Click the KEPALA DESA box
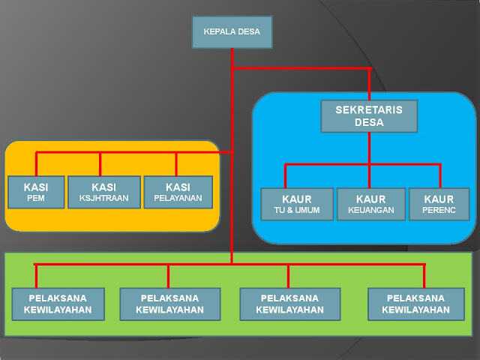coord(232,32)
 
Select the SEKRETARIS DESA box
coord(368,116)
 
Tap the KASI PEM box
coord(36,193)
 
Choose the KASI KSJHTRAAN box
coord(103,193)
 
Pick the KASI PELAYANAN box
coord(177,193)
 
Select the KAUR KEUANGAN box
coord(371,204)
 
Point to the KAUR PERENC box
coord(439,204)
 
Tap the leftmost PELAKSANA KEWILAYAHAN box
coord(58,304)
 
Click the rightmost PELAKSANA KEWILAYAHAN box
coord(419,304)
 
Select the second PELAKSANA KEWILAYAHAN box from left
coord(169,304)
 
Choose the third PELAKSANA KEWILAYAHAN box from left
coord(289,304)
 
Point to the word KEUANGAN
coord(371,211)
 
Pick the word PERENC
coord(439,211)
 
